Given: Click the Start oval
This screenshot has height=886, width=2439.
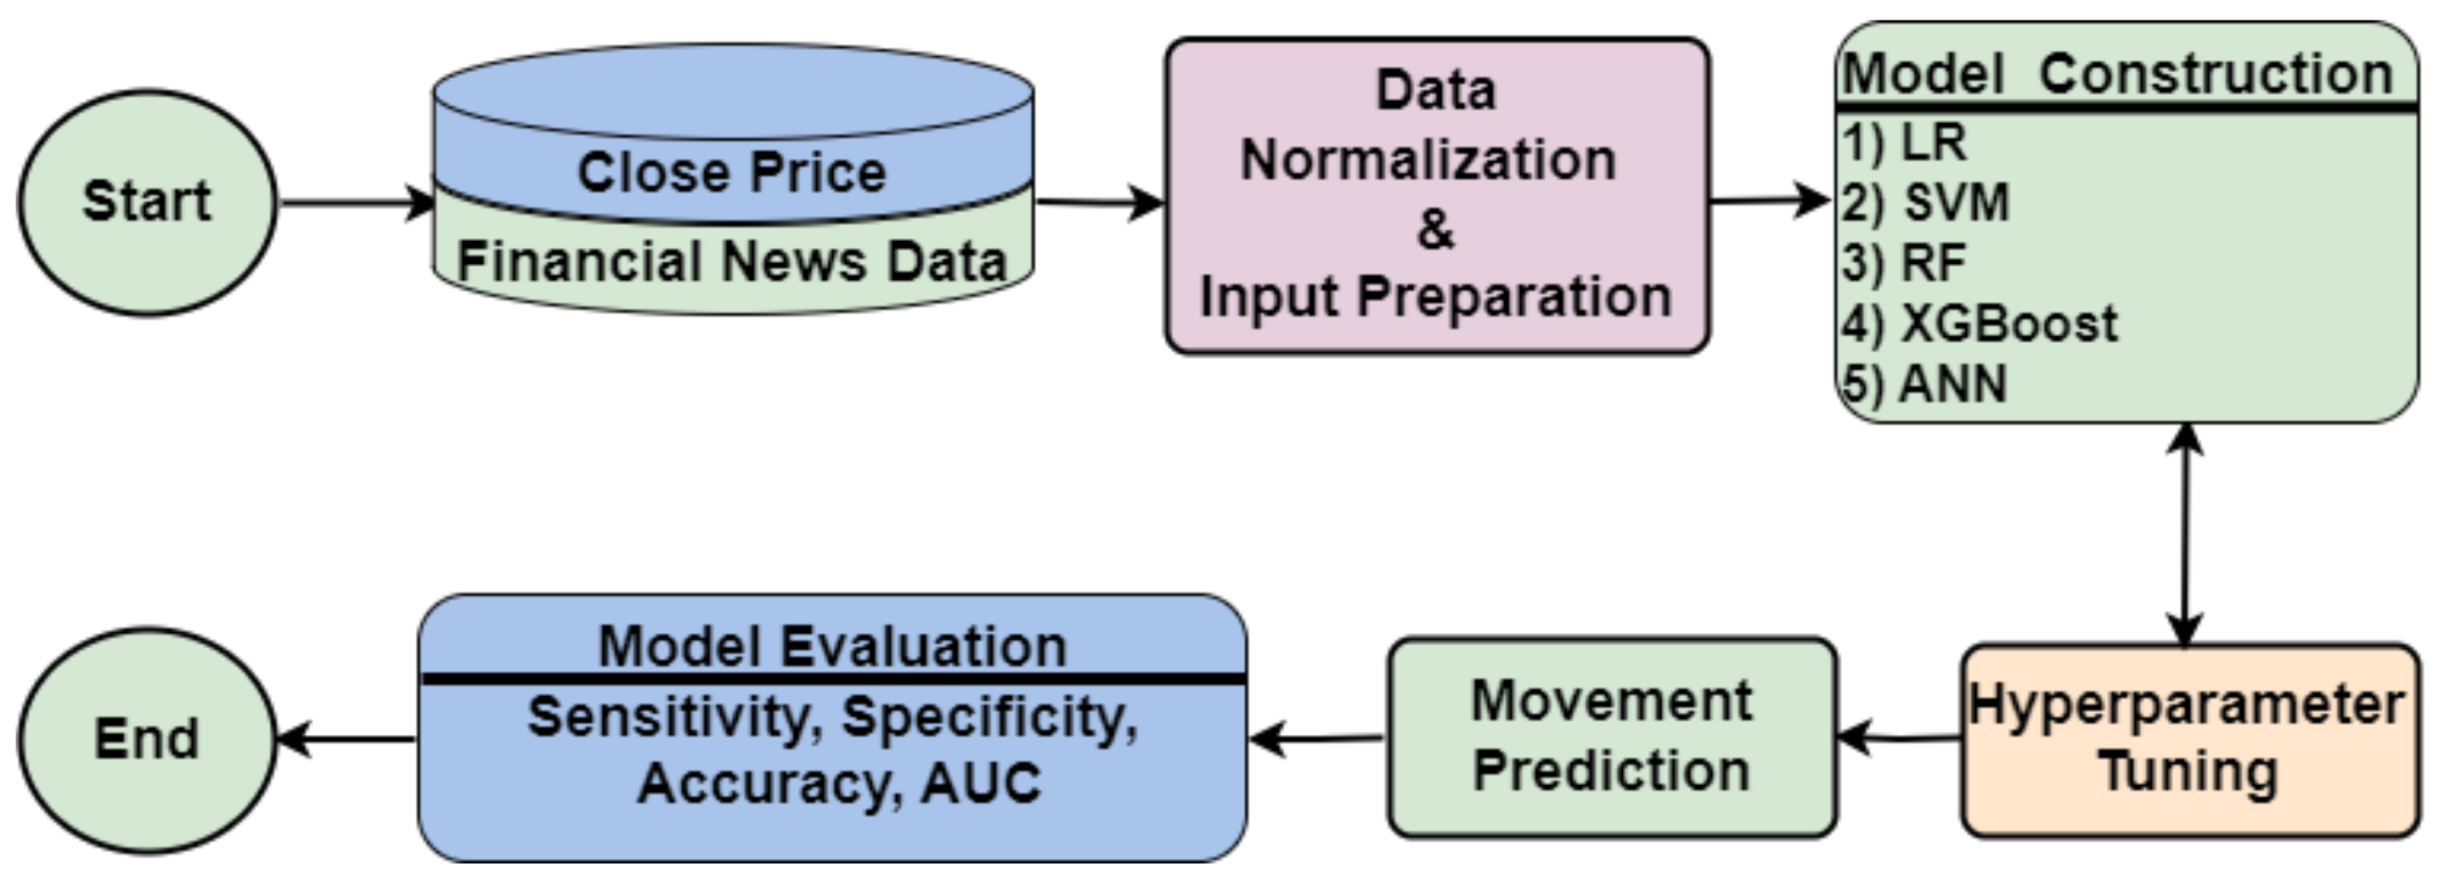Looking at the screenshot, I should (x=147, y=202).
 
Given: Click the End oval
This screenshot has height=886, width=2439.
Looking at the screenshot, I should (x=147, y=739).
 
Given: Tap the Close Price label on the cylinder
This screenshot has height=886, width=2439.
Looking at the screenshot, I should (x=732, y=172).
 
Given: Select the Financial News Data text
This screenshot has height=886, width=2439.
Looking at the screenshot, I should (x=732, y=261).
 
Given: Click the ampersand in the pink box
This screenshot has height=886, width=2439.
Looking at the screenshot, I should (x=1435, y=228).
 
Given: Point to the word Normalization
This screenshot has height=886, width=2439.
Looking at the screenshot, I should (x=1428, y=159).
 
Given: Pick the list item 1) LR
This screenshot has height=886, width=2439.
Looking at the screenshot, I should (x=1905, y=142).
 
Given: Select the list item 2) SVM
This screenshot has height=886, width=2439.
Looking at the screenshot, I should (x=1926, y=203).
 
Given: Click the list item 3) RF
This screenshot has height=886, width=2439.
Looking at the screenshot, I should (x=1905, y=262).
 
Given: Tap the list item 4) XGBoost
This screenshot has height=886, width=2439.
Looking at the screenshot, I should (x=1980, y=323).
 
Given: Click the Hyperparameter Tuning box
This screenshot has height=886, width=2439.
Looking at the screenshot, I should (x=2189, y=739).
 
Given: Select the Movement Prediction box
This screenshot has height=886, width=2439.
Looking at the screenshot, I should (x=1612, y=737).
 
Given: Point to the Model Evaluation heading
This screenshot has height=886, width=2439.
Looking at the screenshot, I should (x=832, y=647).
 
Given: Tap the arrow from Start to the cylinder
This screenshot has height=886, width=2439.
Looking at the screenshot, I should (x=355, y=203).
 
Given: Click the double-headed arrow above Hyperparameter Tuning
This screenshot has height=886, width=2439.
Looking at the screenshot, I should (x=2184, y=535).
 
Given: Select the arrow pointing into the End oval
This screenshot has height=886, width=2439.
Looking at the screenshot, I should (x=346, y=739).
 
